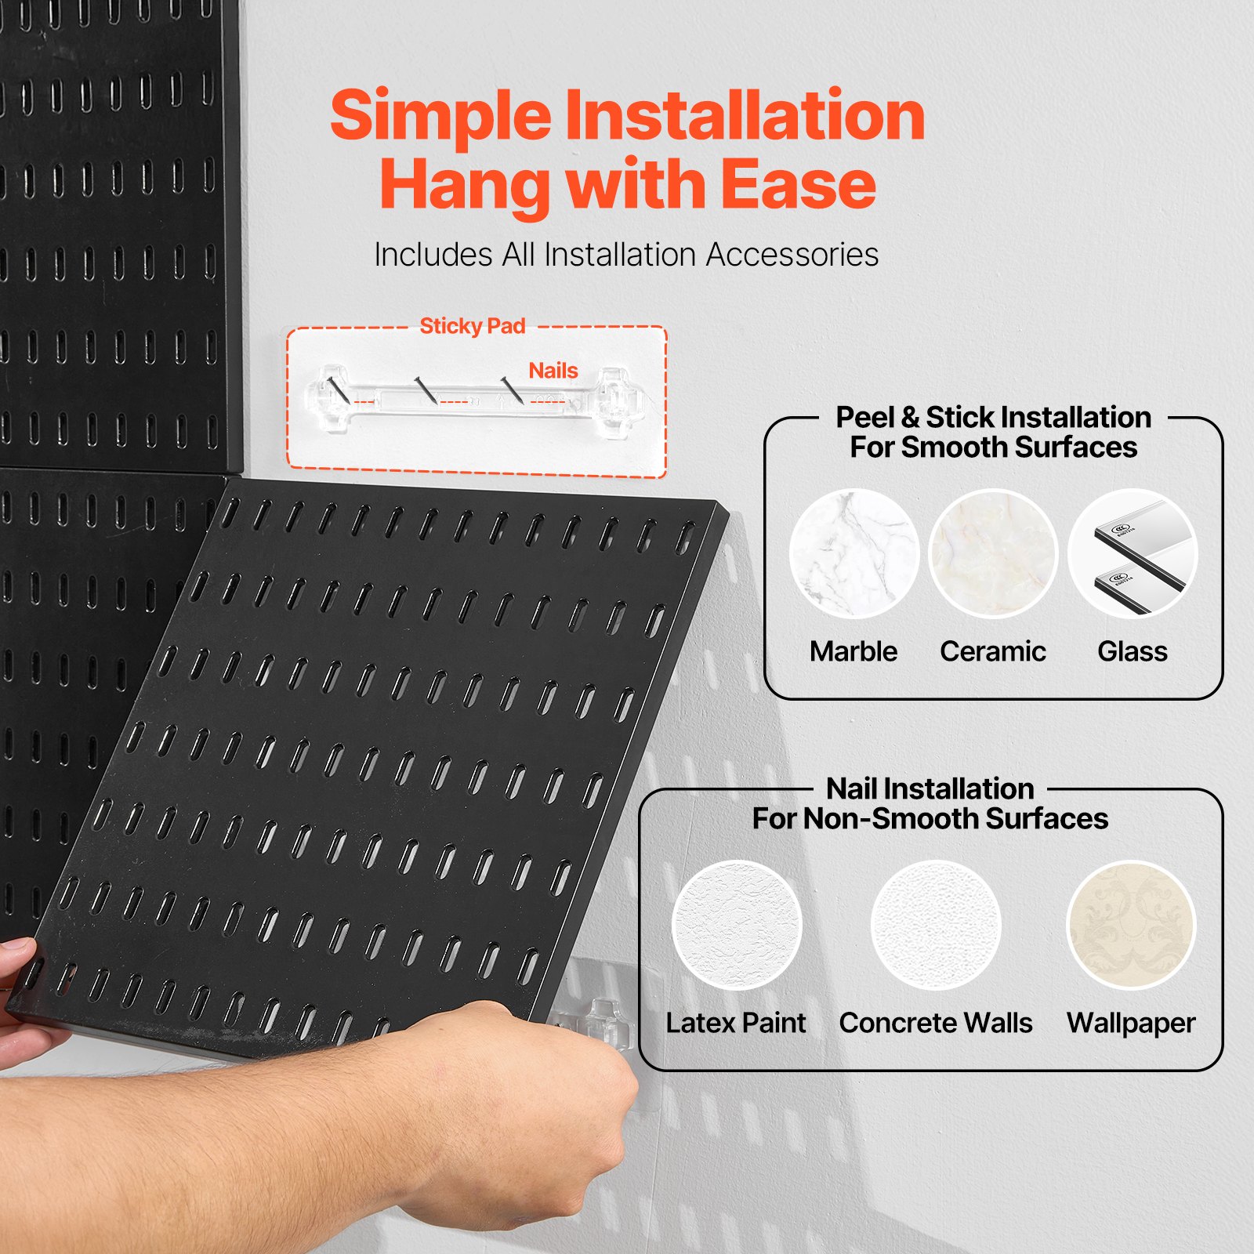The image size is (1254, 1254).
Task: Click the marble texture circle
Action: tap(854, 554)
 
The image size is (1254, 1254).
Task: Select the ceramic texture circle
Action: tap(993, 554)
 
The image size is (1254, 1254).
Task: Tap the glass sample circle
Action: tap(1133, 554)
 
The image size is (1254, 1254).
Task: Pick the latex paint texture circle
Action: tap(737, 925)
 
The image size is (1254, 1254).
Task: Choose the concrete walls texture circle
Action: tap(936, 925)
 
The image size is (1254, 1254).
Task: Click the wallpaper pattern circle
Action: tap(1131, 925)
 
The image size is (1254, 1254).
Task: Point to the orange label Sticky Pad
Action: tap(472, 326)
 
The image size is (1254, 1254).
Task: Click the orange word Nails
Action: tap(553, 371)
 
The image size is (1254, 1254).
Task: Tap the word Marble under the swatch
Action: tap(854, 651)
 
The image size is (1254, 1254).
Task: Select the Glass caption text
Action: tap(1133, 651)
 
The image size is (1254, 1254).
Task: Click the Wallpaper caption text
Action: tap(1131, 1023)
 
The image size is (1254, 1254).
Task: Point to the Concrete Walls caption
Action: tap(936, 1023)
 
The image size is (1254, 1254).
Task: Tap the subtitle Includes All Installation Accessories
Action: tap(626, 255)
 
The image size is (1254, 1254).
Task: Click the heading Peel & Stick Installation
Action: tap(993, 417)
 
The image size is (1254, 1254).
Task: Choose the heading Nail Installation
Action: tap(930, 788)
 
